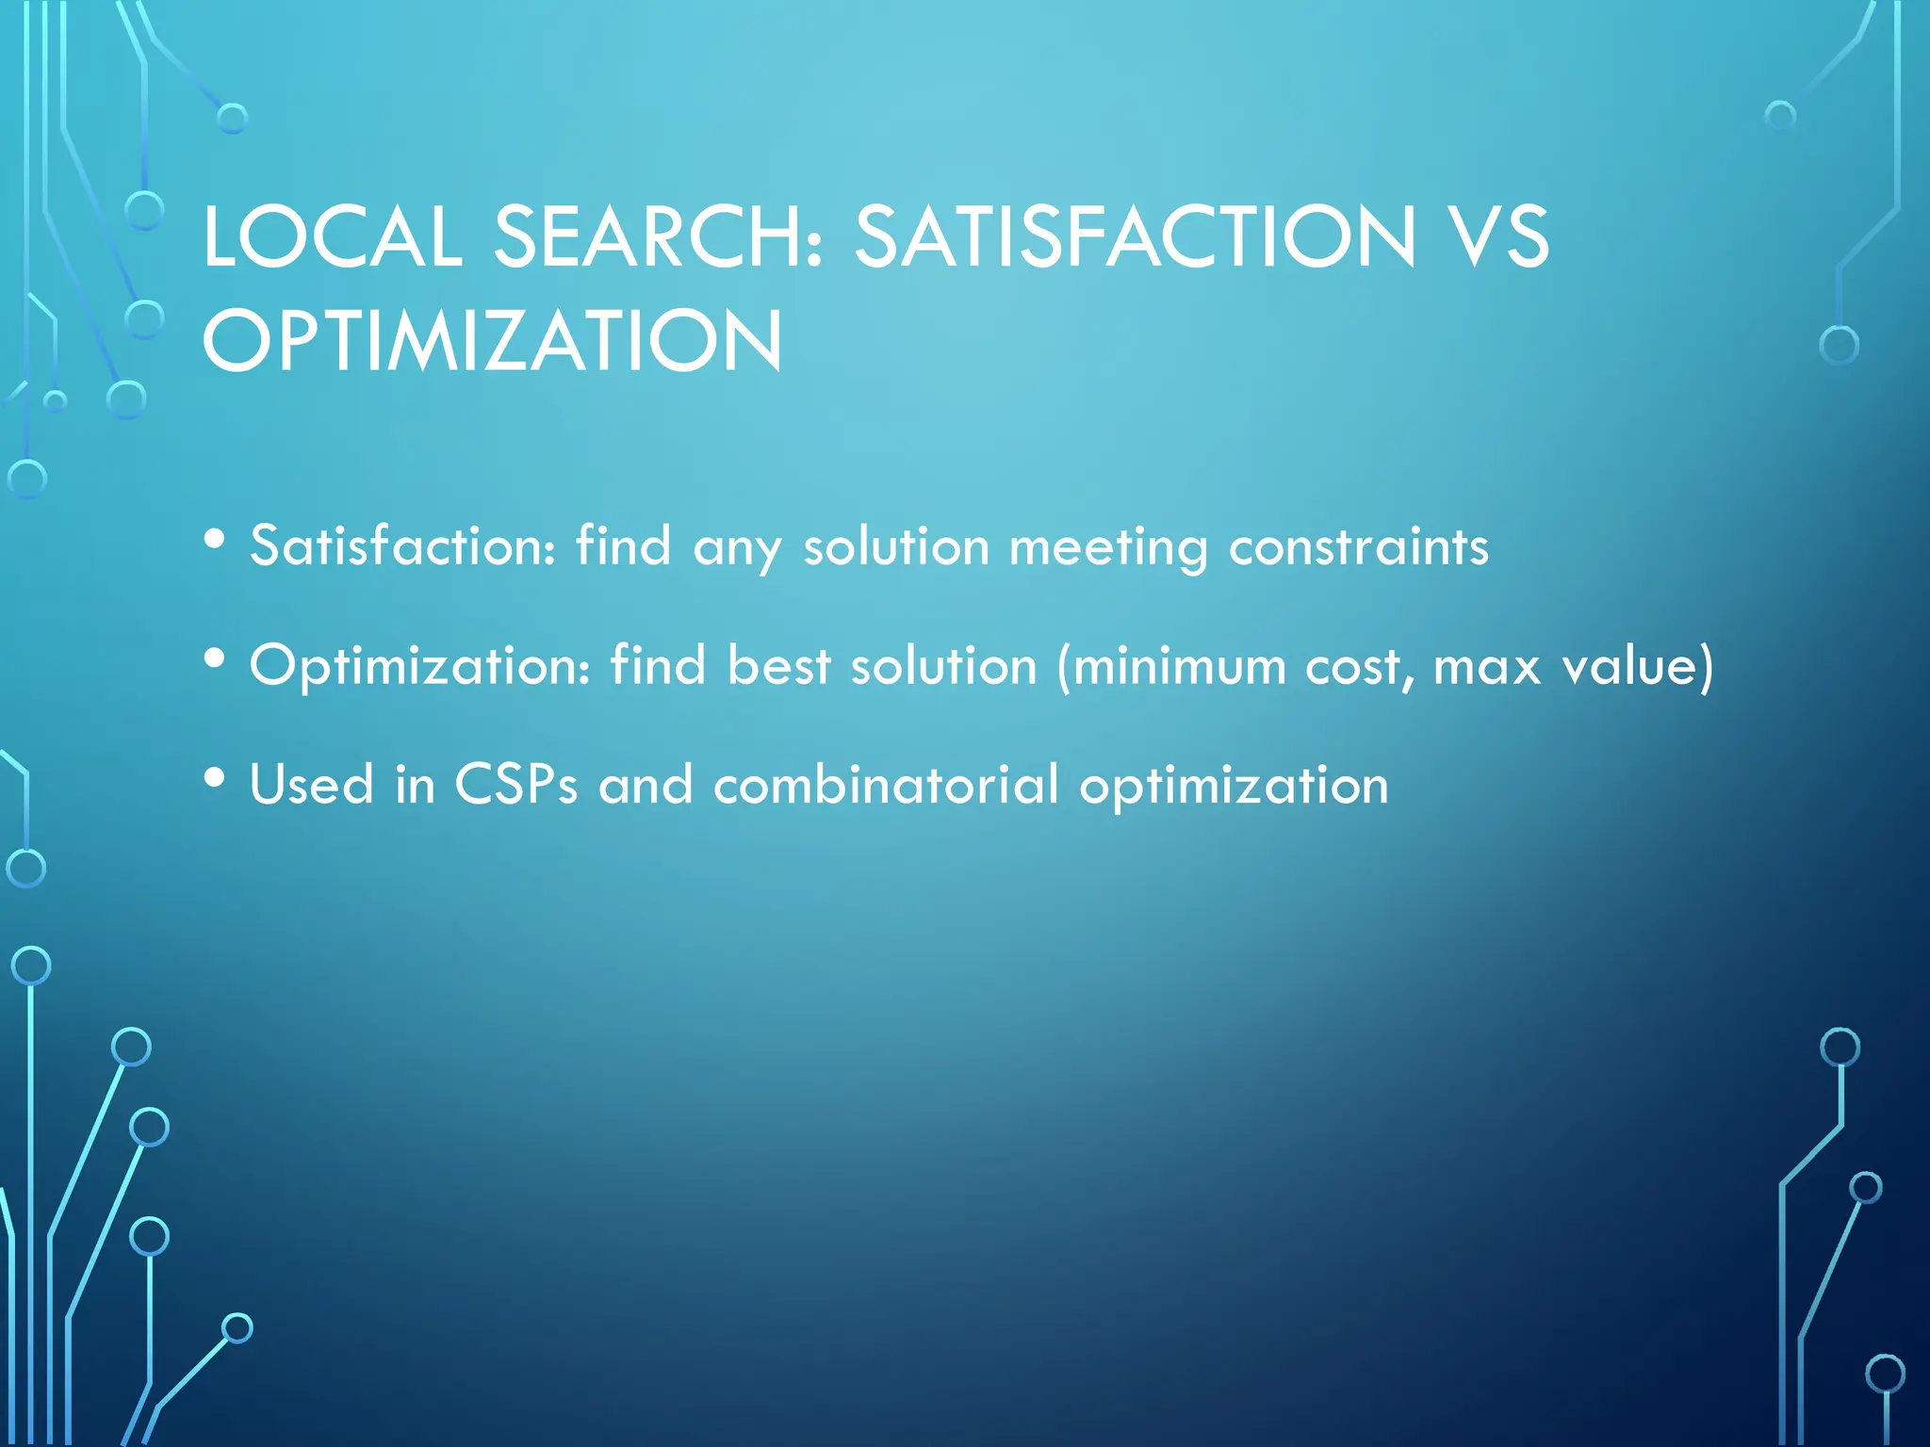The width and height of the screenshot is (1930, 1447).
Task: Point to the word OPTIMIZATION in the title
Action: tap(492, 340)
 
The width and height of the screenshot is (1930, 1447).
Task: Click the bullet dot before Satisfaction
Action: tap(215, 540)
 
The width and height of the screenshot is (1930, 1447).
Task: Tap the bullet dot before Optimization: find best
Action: tap(215, 658)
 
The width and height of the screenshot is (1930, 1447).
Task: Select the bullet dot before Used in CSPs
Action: tap(215, 778)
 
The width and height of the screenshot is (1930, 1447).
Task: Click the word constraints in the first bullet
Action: tap(1358, 546)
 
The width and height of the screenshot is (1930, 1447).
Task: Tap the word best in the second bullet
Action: tap(778, 665)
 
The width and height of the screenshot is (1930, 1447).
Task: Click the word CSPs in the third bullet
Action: tap(515, 785)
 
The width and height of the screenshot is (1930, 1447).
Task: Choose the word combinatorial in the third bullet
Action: tap(886, 785)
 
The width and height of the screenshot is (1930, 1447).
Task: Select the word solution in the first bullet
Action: tap(896, 546)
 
